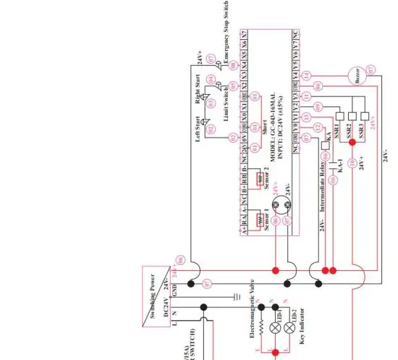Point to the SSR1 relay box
click(338, 114)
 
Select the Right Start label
click(196, 86)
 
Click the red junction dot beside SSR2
click(352, 143)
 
